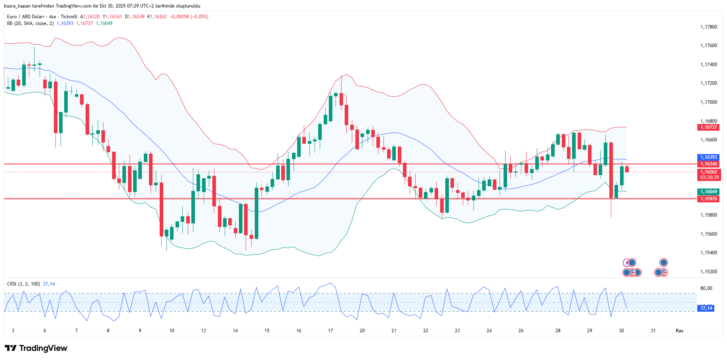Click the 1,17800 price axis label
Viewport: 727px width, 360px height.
708,27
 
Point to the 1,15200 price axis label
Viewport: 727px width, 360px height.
708,272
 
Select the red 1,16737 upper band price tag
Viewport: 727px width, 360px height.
708,127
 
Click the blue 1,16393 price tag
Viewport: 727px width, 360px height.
708,157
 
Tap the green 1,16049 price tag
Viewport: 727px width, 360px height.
708,192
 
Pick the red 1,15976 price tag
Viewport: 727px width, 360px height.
708,199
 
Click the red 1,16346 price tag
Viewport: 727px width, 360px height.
708,164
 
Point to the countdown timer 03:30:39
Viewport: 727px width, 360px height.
709,177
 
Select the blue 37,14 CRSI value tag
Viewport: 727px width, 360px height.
706,308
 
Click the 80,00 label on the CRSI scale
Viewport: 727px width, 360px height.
706,288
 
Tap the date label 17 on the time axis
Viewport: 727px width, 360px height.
330,331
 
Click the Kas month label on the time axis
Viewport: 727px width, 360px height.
679,331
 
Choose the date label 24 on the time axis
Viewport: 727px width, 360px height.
489,331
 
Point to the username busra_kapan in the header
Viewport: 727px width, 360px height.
17,6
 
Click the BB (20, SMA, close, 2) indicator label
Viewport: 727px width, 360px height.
30,23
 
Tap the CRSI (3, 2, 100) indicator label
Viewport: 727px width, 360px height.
23,284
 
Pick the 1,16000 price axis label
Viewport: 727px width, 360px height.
708,196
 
